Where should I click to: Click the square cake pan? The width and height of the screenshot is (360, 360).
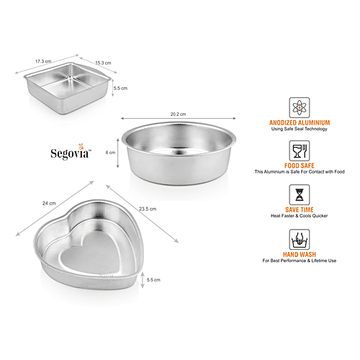tap(67, 89)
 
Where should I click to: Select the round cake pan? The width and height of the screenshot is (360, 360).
tap(179, 153)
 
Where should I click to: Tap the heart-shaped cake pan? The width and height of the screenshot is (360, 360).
tap(89, 245)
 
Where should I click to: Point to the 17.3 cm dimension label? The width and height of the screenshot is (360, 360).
tap(43, 61)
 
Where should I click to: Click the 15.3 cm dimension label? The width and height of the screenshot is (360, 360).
tap(103, 63)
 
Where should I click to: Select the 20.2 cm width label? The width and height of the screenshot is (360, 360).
tap(178, 114)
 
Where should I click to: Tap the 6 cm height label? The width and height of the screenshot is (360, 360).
tap(110, 153)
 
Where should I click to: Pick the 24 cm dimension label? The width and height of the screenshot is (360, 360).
tap(49, 203)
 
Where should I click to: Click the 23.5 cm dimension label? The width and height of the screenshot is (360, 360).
tap(148, 209)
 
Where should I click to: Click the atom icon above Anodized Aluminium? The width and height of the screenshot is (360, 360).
tap(300, 107)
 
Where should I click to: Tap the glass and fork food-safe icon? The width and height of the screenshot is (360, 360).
tap(300, 150)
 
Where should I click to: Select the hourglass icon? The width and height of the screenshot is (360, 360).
tap(300, 194)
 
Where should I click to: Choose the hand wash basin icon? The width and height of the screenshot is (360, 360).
tap(300, 240)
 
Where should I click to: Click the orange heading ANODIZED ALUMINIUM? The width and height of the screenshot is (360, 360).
tap(300, 122)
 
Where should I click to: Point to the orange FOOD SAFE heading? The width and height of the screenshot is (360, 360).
tap(300, 166)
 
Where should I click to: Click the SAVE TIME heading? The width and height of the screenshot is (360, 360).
tap(300, 210)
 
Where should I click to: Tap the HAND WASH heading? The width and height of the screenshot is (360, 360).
tap(300, 254)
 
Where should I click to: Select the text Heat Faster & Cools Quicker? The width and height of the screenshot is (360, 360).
tap(300, 216)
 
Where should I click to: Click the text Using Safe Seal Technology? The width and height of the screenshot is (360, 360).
tap(300, 129)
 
